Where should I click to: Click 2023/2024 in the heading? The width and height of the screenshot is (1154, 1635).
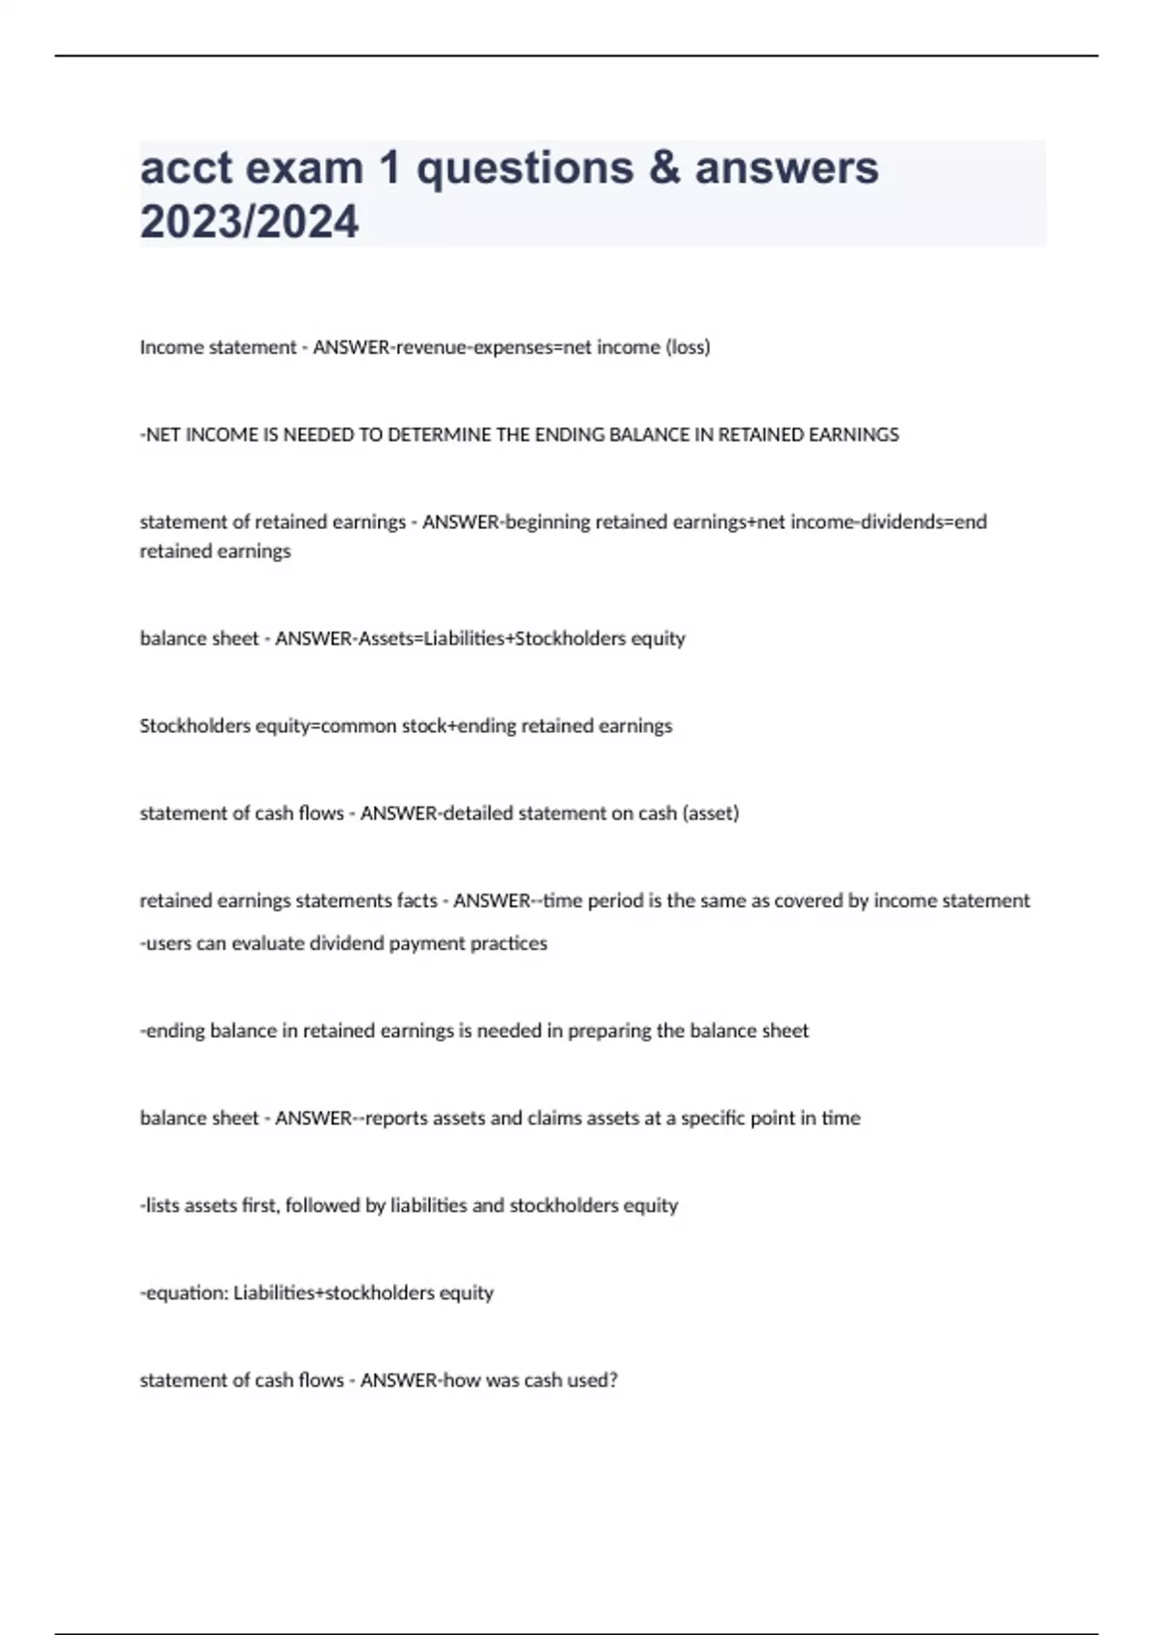pos(249,222)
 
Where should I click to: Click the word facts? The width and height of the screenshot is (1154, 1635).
pos(416,901)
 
